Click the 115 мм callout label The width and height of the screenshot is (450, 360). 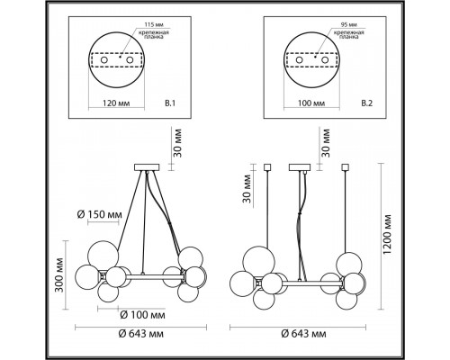coord(154,24)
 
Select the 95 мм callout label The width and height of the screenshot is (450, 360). coord(349,24)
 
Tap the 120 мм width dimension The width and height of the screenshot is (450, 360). coord(117,103)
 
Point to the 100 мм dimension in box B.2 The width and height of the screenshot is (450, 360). coord(311,103)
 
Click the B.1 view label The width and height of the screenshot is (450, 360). coord(170,103)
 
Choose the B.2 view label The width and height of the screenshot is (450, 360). coord(367,103)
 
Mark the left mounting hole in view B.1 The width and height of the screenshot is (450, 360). coord(104,60)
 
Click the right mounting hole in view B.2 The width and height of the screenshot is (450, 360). coord(325,60)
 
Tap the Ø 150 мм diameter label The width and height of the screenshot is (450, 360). coord(100,214)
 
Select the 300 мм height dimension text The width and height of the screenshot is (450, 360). coord(60,274)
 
